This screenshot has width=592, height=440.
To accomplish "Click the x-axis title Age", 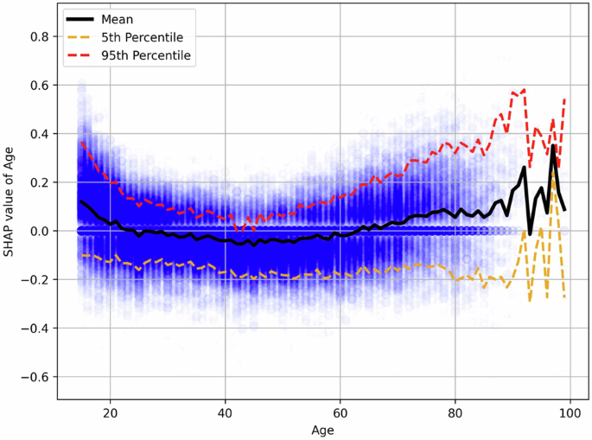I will click(321, 429).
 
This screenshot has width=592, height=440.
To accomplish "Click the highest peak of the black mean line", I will click(553, 145).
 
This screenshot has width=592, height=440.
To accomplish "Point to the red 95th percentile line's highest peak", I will click(524, 89).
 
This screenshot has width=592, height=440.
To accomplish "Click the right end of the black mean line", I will click(564, 209).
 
